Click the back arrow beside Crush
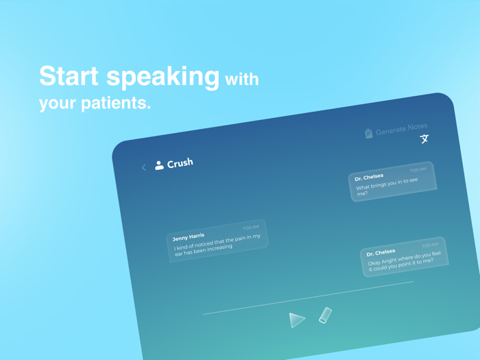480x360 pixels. click(144, 167)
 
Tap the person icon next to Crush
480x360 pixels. click(159, 165)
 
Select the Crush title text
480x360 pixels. click(180, 163)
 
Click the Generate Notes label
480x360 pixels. click(401, 129)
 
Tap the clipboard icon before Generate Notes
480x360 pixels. click(369, 134)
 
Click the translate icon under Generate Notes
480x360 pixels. click(424, 139)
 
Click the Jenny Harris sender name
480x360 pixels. click(189, 237)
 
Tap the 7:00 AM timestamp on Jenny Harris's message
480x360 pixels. click(250, 228)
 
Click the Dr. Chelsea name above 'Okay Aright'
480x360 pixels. click(381, 253)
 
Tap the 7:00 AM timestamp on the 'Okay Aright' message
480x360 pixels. click(430, 245)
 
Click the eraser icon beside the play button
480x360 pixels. click(325, 315)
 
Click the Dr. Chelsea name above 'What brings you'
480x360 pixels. click(369, 177)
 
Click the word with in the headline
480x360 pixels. click(242, 80)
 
